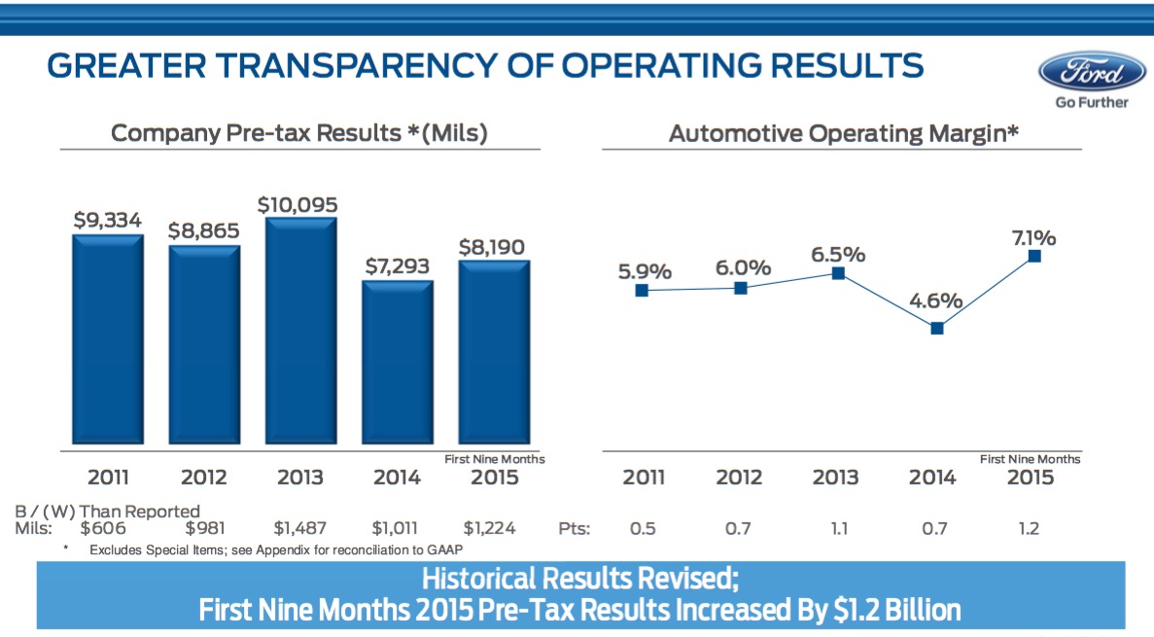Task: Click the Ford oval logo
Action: (x=1092, y=73)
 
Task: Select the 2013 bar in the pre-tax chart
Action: (x=300, y=331)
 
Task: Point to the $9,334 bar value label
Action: (x=107, y=221)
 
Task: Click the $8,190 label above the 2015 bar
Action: (x=492, y=247)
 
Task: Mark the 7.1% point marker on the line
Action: (x=1034, y=256)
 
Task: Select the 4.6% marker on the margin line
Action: (x=936, y=328)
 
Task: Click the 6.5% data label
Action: (x=838, y=254)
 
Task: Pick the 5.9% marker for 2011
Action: (x=642, y=290)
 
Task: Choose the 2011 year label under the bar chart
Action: (x=108, y=478)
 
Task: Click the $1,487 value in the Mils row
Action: (x=300, y=529)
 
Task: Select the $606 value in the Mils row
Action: (x=104, y=529)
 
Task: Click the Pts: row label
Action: (x=575, y=529)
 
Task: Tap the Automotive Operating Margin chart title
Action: (x=843, y=133)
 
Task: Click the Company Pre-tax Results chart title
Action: (x=298, y=133)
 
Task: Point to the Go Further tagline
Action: (x=1092, y=102)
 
